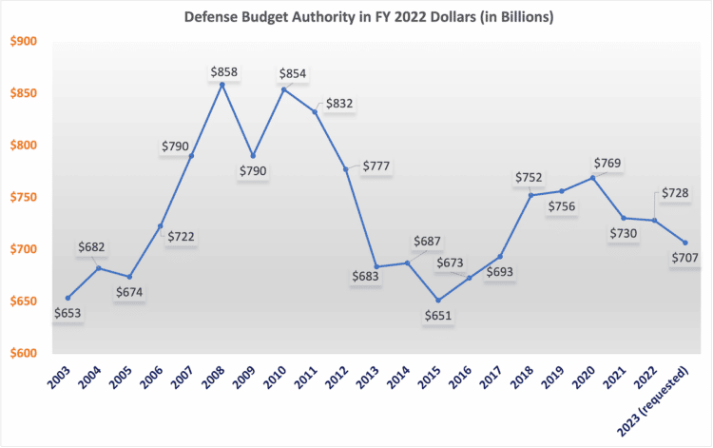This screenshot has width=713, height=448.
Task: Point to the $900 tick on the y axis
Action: click(x=23, y=41)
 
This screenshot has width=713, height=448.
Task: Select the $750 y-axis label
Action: click(x=23, y=197)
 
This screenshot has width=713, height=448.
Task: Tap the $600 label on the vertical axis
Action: click(x=23, y=353)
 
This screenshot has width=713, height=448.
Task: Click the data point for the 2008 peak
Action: click(x=222, y=85)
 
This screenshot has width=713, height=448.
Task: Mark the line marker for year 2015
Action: click(x=437, y=301)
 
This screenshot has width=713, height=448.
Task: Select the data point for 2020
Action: click(x=592, y=177)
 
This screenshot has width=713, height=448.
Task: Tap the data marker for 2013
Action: click(x=376, y=267)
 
